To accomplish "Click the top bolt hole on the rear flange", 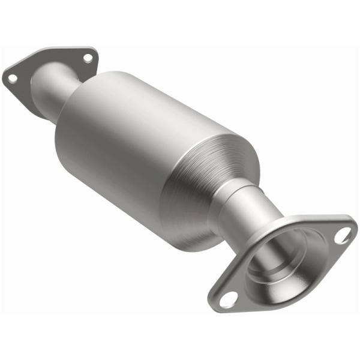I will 88,58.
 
